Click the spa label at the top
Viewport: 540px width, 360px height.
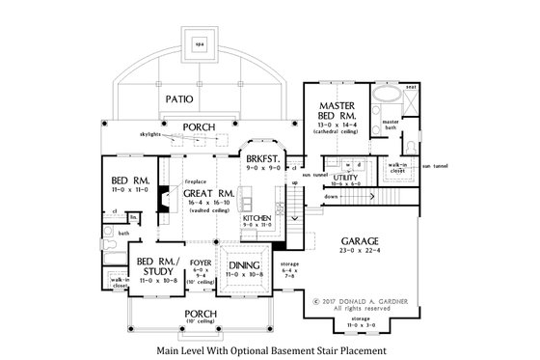(200, 45)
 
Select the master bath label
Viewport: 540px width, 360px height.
(391, 122)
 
